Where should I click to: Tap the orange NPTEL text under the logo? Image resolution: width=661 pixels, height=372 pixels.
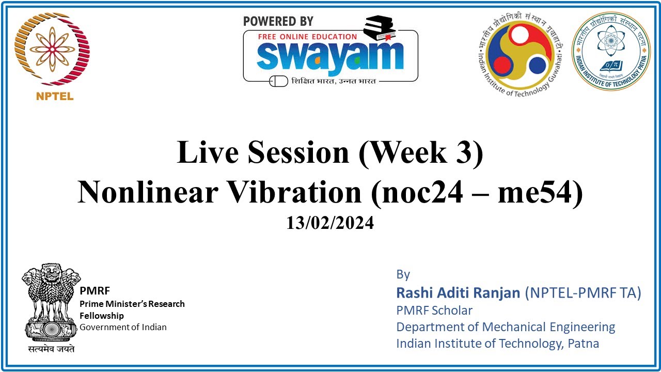coord(55,96)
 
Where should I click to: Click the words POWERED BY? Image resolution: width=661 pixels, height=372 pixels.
coord(278,21)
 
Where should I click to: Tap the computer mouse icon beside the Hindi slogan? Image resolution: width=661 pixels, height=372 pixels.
coord(279,81)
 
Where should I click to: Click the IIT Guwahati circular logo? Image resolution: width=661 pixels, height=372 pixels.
coord(522,54)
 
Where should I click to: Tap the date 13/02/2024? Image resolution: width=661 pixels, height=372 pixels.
coord(330,223)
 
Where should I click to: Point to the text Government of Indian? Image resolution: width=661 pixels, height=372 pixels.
coord(123,327)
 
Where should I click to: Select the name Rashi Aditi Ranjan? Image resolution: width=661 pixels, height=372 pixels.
coord(458,293)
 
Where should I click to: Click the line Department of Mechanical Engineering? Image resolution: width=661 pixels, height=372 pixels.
coord(506,327)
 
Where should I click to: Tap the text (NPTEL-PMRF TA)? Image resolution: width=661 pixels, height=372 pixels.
coord(583,293)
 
